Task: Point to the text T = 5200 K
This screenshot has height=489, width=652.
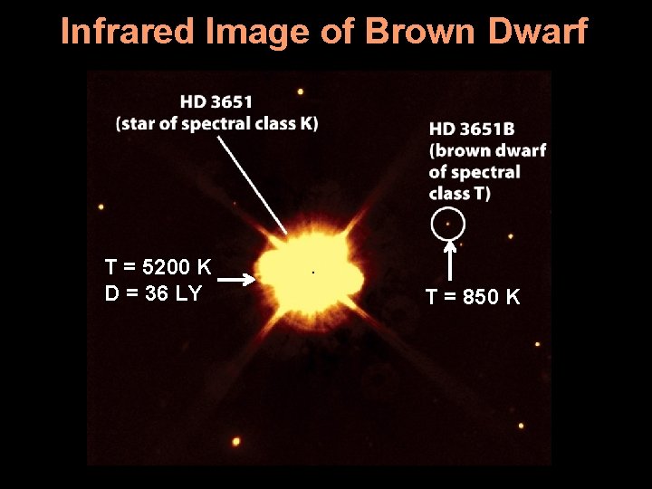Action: coord(158,267)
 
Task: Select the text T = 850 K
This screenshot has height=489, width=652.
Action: coord(474,297)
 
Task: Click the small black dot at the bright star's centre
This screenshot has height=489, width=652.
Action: coord(313,272)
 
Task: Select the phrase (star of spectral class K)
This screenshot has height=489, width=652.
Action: coord(217,124)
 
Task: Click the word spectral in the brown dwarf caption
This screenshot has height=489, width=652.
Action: coord(486,172)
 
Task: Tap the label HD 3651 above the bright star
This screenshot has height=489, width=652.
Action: coord(216,101)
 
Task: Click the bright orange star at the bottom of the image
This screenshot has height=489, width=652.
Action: coord(236,442)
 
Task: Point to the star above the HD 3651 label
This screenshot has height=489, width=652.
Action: coord(300,91)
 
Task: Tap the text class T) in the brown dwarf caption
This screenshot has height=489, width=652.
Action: coord(459,193)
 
